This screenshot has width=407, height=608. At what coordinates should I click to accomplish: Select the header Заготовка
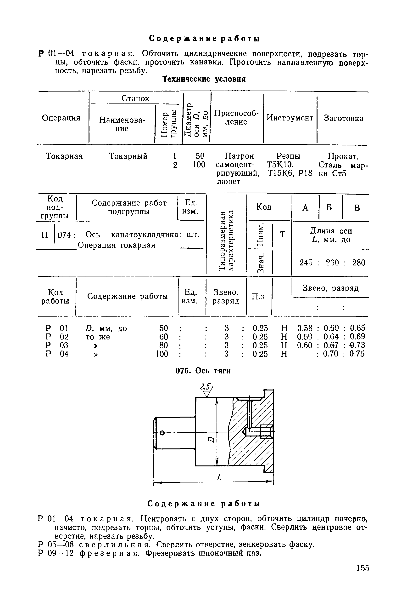[343, 119]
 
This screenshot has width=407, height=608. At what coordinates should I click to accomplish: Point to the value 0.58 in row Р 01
[305, 328]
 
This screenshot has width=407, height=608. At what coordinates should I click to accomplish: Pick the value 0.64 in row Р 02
[331, 337]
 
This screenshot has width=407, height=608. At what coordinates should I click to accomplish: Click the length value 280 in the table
[358, 263]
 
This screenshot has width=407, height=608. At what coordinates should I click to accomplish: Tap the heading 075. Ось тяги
[203, 371]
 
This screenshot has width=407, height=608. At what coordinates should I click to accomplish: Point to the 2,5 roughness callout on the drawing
[205, 387]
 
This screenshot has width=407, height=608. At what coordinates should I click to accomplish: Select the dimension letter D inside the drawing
[212, 439]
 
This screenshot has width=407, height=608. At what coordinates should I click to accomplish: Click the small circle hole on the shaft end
[162, 433]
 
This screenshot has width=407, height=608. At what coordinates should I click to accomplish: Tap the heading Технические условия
[204, 79]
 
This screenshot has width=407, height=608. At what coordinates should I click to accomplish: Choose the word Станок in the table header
[135, 98]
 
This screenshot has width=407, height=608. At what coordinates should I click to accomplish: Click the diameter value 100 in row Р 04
[162, 354]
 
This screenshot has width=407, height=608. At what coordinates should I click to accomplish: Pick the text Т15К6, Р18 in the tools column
[290, 173]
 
